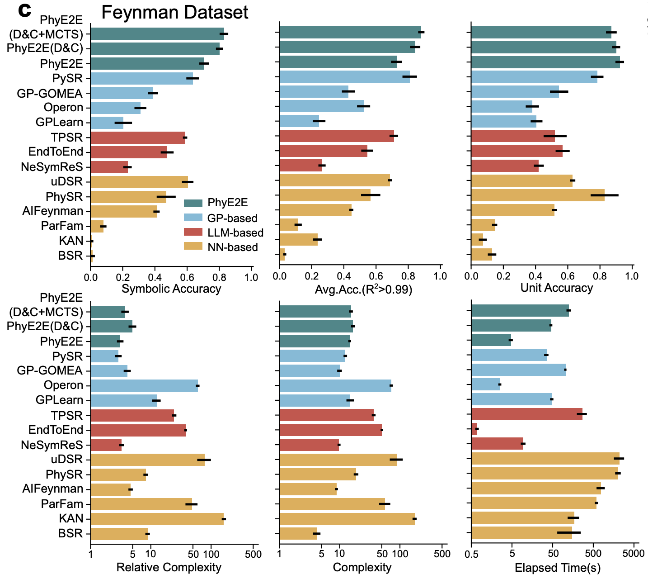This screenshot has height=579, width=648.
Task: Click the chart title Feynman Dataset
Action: pyautogui.click(x=174, y=12)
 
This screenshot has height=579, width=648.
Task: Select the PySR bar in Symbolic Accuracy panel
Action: pyautogui.click(x=141, y=78)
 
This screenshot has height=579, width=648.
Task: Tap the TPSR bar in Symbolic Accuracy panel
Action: pyautogui.click(x=138, y=138)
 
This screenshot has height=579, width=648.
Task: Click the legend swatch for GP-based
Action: pyautogui.click(x=191, y=218)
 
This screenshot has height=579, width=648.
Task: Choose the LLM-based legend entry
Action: pyautogui.click(x=235, y=233)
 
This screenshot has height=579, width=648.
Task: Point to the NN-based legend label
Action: pyautogui.click(x=232, y=247)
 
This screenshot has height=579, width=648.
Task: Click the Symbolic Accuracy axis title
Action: pyautogui.click(x=171, y=289)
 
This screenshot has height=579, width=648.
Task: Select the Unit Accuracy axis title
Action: pyautogui.click(x=556, y=288)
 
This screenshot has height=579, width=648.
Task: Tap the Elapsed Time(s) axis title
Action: pyautogui.click(x=557, y=568)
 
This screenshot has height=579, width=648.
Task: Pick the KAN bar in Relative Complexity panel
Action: pyautogui.click(x=157, y=519)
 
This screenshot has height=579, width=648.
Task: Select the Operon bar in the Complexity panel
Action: pyautogui.click(x=335, y=385)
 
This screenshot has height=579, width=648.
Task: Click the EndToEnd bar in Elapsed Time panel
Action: pyautogui.click(x=474, y=429)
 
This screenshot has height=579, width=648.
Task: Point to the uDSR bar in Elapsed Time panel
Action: pyautogui.click(x=545, y=459)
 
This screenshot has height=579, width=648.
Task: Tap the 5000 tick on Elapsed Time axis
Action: pyautogui.click(x=633, y=553)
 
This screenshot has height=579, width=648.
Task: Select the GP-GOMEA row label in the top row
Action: pyautogui.click(x=50, y=93)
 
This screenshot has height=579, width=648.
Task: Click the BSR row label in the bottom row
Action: pyautogui.click(x=70, y=533)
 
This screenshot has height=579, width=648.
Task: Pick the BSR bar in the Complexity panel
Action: pyautogui.click(x=298, y=534)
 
